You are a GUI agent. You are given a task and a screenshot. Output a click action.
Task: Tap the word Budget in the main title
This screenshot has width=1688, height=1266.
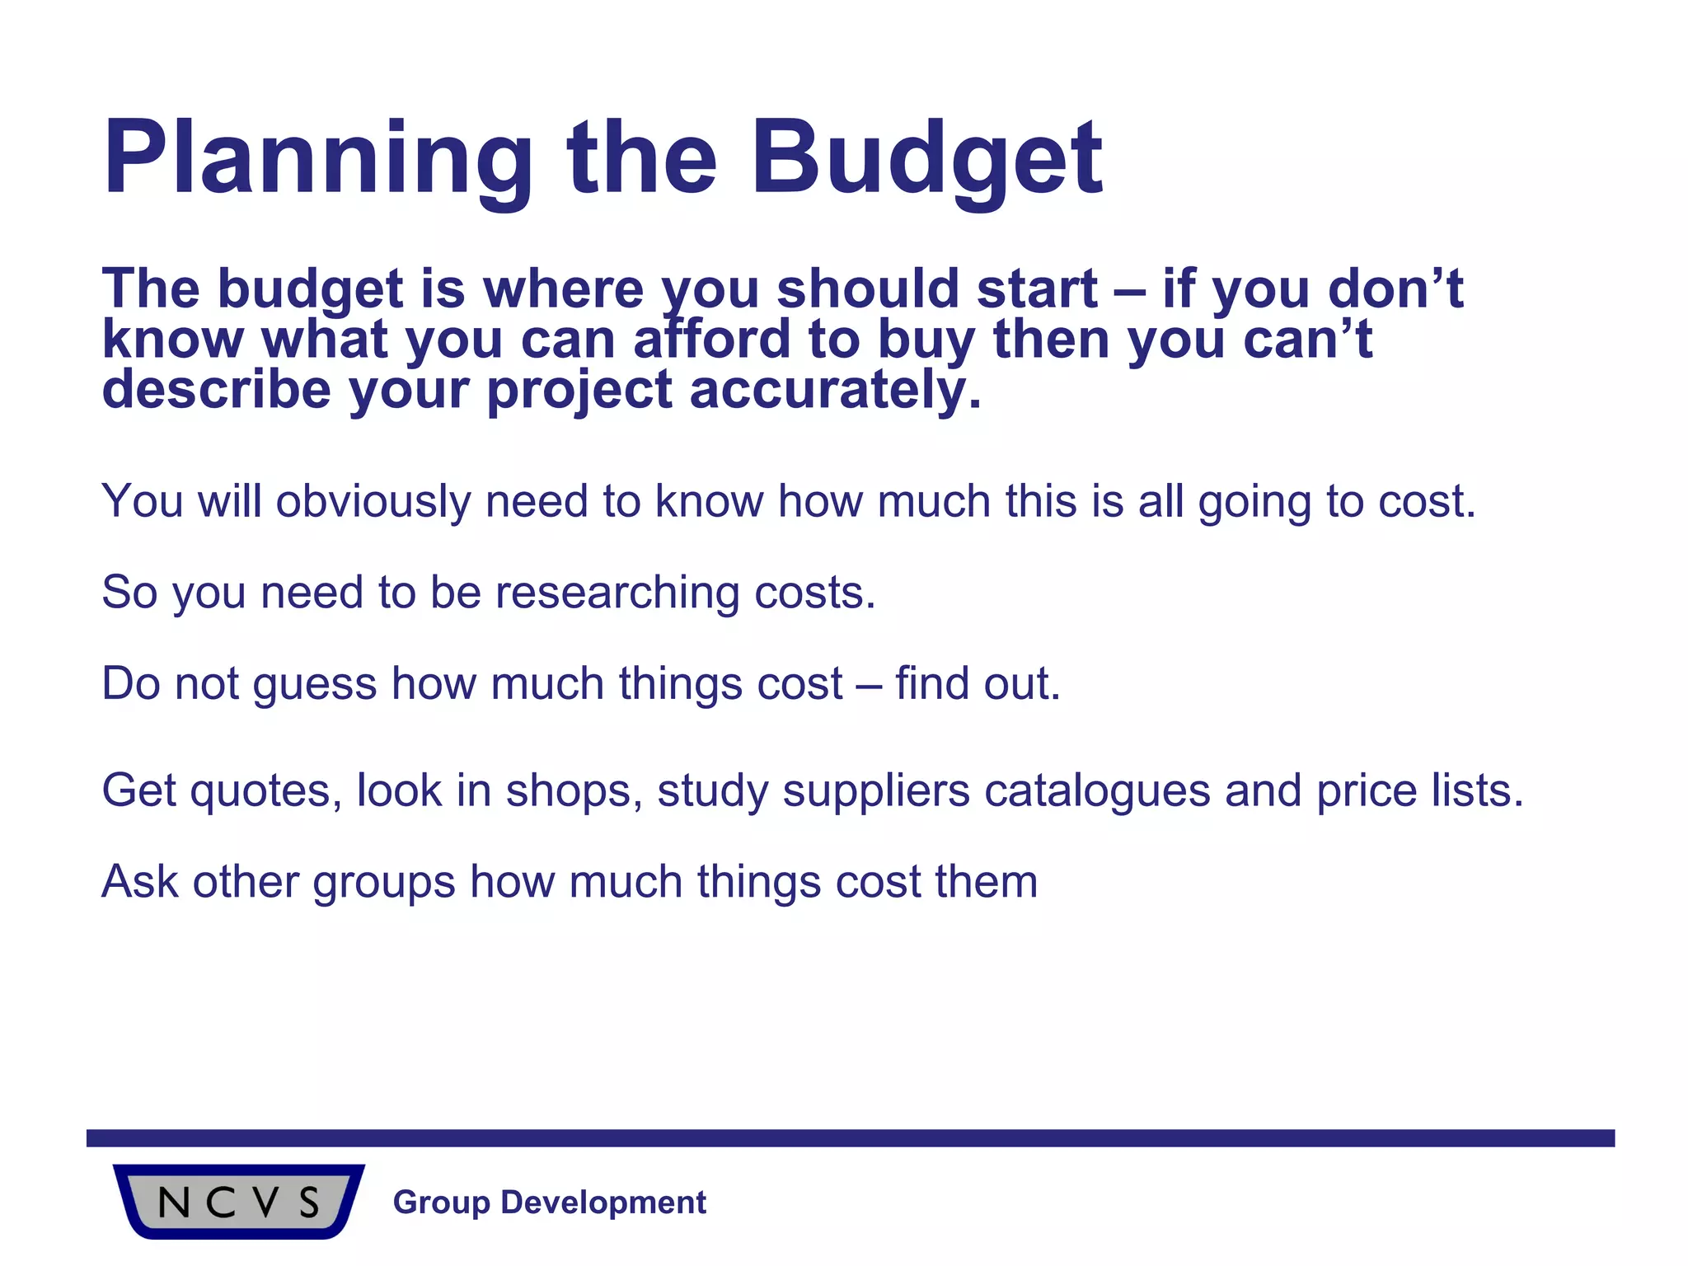pyautogui.click(x=926, y=158)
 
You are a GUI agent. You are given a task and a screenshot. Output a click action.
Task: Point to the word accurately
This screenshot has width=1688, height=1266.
pyautogui.click(x=835, y=389)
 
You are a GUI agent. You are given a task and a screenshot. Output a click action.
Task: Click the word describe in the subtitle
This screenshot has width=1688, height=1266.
pyautogui.click(x=216, y=389)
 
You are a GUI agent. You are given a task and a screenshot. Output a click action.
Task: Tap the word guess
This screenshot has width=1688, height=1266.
pyautogui.click(x=315, y=684)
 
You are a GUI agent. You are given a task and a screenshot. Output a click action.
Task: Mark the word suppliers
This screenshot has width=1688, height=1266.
pyautogui.click(x=875, y=791)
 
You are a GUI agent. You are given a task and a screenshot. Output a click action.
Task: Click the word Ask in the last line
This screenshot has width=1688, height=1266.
pyautogui.click(x=139, y=881)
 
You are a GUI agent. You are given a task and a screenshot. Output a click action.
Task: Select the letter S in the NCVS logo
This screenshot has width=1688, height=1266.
pyautogui.click(x=309, y=1203)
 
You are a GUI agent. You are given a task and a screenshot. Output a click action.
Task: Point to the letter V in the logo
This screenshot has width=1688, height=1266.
pyautogui.click(x=265, y=1203)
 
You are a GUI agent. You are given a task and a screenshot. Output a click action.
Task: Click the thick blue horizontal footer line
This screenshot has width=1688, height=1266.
pyautogui.click(x=849, y=1138)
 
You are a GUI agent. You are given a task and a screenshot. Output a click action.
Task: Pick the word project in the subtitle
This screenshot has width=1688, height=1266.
pyautogui.click(x=579, y=389)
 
